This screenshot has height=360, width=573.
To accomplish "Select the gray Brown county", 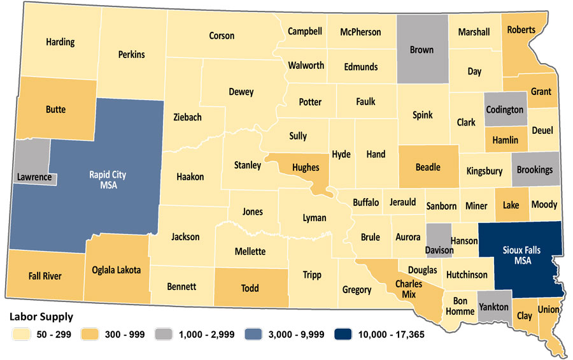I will point(421,50).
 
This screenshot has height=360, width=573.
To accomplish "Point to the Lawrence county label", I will point(34,177).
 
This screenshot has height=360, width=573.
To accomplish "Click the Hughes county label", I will point(306,168).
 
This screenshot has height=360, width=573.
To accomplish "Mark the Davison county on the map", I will point(439,245).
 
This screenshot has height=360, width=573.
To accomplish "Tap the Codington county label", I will point(505,110).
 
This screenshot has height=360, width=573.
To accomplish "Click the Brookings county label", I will point(535,170).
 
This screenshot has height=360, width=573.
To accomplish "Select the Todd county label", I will point(250,288).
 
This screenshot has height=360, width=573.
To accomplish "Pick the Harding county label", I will point(60,42).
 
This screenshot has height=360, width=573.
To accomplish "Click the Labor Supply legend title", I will point(40,317).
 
